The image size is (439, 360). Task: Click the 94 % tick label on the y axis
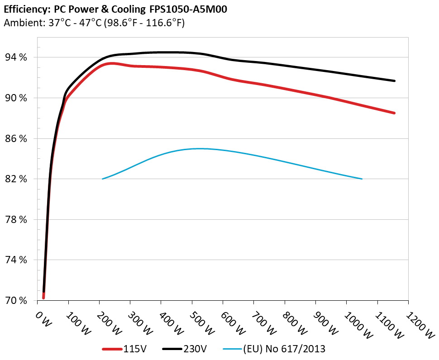coord(16,57)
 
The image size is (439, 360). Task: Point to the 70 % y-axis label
coord(16,301)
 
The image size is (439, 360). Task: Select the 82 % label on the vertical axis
coord(16,179)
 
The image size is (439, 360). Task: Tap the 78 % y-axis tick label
coord(16,220)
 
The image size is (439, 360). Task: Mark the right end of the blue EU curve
coord(362,179)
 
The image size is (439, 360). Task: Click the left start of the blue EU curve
coord(103,179)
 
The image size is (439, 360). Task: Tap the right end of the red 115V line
coord(395,113)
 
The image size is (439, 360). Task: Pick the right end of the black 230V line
coord(395,81)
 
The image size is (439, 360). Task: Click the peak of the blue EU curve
coord(199,148)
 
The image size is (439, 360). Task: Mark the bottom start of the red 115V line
coord(43,298)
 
